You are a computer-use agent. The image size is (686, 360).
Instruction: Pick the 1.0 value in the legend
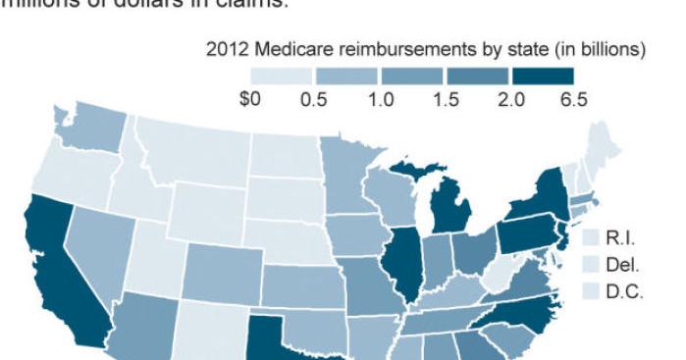(x=381, y=100)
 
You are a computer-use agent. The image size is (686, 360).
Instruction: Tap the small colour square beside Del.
(x=591, y=265)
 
